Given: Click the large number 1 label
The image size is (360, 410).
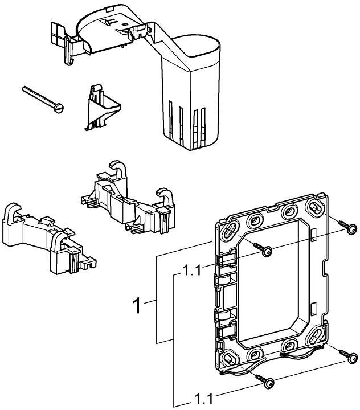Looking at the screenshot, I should (137, 306).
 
